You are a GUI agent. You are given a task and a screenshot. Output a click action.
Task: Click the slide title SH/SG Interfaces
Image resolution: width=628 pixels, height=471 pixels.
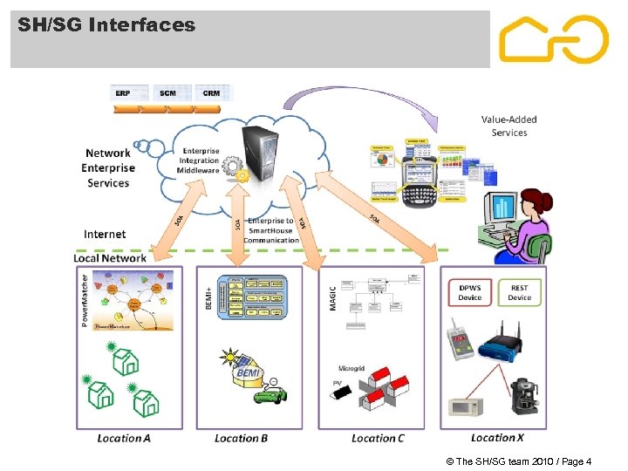(x=106, y=25)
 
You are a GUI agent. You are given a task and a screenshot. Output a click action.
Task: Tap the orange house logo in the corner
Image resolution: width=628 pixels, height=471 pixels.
(x=553, y=39)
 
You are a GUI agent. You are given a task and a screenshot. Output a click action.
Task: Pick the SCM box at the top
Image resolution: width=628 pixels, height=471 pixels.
(x=167, y=92)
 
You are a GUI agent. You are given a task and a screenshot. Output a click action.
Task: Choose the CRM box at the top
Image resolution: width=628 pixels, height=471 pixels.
(x=210, y=92)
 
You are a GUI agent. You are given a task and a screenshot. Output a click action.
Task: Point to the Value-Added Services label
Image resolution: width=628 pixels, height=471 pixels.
(x=509, y=126)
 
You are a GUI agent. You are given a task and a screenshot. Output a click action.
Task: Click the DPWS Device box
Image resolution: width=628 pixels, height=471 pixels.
(x=469, y=292)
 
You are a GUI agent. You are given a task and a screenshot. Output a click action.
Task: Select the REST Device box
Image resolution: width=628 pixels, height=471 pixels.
(x=519, y=292)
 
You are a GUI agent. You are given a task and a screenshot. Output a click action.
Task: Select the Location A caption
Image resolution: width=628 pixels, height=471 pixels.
(x=124, y=438)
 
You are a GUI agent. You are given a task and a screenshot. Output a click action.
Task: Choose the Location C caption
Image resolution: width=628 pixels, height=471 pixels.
(x=378, y=438)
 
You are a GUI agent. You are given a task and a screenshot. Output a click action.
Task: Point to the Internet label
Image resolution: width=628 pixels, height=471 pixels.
(x=105, y=234)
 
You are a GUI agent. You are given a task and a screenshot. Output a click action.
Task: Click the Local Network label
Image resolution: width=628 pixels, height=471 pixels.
(x=110, y=257)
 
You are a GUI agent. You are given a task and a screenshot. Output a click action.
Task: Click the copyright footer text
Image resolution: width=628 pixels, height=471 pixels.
(x=518, y=461)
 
